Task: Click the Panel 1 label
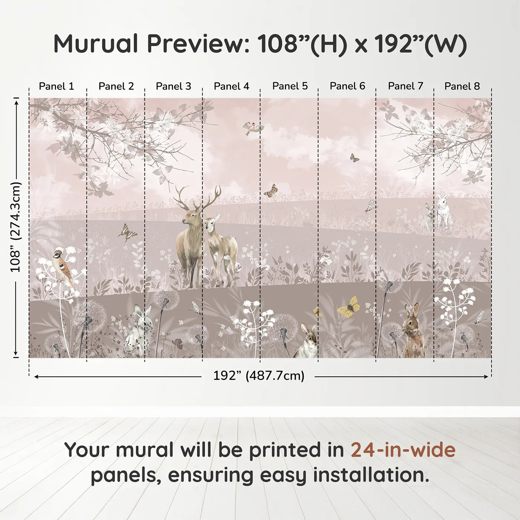pos(56,86)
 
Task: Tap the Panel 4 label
pos(231,86)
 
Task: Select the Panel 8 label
pos(462,86)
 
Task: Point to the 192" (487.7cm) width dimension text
pos(259,376)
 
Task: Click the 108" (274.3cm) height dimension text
pos(16,227)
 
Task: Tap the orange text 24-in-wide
pos(403,450)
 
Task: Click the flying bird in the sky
pos(253,128)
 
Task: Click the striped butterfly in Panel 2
pos(127,233)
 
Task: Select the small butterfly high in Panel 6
pos(354,158)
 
